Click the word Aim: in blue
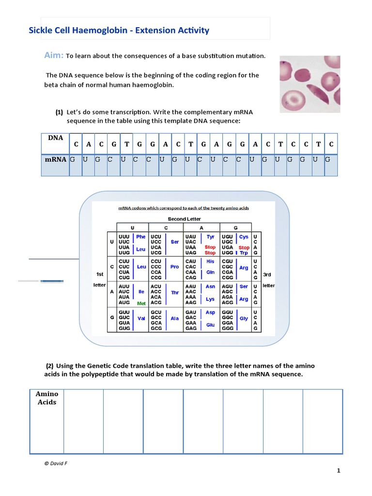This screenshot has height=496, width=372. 54,55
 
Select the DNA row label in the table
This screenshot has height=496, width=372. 56,138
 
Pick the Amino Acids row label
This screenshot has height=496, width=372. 47,398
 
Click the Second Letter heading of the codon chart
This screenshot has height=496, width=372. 184,219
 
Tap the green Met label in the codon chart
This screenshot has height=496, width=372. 141,303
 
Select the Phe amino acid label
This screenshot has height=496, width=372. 140,237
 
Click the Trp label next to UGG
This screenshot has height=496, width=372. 244,253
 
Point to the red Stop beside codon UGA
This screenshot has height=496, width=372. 244,248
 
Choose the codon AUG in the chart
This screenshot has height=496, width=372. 124,303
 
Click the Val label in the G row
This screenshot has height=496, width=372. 141,319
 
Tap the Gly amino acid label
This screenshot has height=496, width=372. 244,319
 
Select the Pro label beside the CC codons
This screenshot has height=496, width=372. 174,267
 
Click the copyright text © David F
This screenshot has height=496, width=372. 55,463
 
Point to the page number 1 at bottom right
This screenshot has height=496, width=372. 339,470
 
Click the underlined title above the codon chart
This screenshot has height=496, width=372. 184,208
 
